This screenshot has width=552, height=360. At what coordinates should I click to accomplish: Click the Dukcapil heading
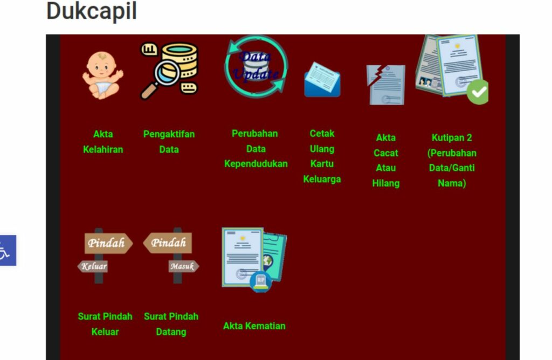pyautogui.click(x=92, y=11)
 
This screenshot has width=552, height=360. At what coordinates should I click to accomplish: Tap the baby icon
pyautogui.click(x=102, y=75)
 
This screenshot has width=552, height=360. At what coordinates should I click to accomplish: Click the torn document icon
pyautogui.click(x=385, y=84)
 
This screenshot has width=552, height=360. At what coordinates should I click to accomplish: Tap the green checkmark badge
pyautogui.click(x=477, y=92)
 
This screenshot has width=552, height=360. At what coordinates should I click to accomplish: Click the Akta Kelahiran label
pyautogui.click(x=103, y=142)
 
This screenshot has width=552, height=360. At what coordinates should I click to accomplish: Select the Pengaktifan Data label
pyautogui.click(x=169, y=142)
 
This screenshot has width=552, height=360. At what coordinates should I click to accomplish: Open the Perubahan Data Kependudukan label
pyautogui.click(x=256, y=148)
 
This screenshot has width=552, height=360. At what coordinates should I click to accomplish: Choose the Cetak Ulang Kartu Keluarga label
pyautogui.click(x=322, y=156)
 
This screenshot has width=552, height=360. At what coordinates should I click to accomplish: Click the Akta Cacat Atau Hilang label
pyautogui.click(x=385, y=160)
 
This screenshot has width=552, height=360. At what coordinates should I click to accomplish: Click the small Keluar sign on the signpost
pyautogui.click(x=94, y=266)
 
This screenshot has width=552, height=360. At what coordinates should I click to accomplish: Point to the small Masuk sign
pyautogui.click(x=182, y=266)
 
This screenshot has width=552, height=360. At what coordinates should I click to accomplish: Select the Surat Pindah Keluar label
pyautogui.click(x=105, y=324)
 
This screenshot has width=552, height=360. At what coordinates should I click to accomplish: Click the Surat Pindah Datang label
pyautogui.click(x=171, y=324)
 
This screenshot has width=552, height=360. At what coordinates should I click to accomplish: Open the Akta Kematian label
pyautogui.click(x=254, y=326)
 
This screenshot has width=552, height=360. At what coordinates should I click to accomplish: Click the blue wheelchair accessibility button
pyautogui.click(x=7, y=251)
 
